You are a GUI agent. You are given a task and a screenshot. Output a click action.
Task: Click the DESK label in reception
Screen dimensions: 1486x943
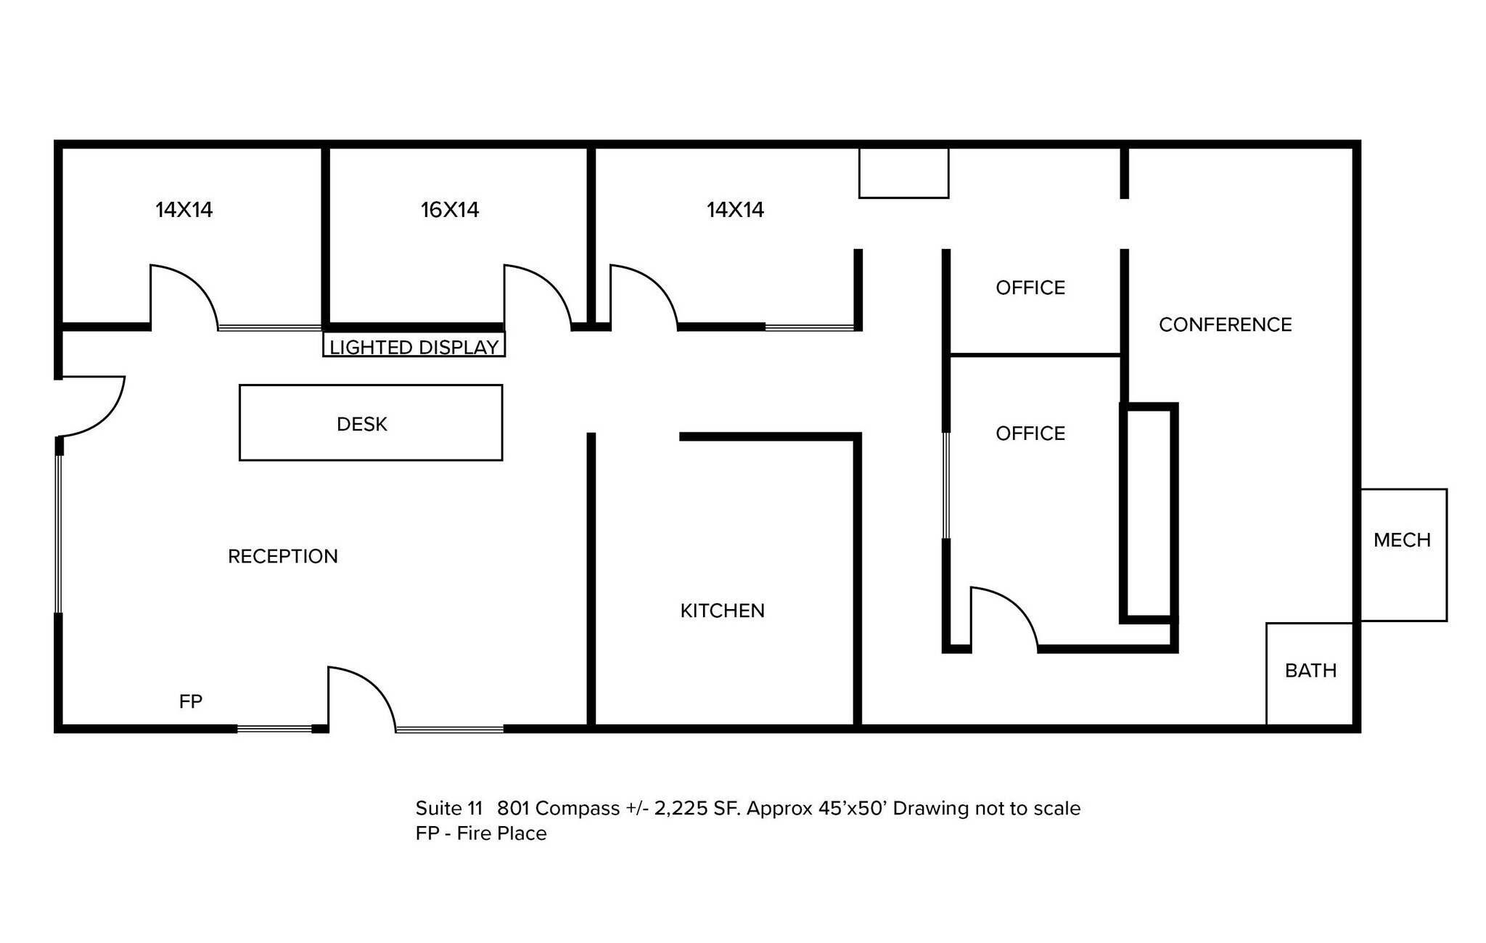coord(362,424)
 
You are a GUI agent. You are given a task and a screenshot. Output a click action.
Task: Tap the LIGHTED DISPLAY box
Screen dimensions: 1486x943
coord(414,344)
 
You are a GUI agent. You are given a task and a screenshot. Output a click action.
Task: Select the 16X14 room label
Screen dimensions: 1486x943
coord(450,210)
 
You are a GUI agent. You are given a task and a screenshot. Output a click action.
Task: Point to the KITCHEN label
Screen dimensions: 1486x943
coord(723,611)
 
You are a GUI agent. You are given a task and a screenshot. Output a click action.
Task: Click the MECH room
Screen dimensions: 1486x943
coord(1403,555)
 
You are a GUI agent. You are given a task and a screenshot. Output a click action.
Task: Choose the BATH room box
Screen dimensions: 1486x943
coord(1310,674)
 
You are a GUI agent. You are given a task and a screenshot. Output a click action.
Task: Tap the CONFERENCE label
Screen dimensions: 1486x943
coord(1226,324)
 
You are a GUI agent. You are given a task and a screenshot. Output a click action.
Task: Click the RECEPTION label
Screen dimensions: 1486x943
coord(283,556)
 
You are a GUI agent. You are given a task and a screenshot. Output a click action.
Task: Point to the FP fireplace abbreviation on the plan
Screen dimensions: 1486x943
coord(191,701)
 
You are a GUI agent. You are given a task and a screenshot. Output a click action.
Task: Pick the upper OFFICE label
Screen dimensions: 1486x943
coord(1030,287)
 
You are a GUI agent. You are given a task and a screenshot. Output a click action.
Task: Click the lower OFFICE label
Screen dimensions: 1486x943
coord(1030,433)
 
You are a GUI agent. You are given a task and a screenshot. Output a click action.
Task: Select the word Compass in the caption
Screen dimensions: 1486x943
coord(578,809)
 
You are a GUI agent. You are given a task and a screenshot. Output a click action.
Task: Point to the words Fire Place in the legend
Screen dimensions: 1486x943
coord(502,833)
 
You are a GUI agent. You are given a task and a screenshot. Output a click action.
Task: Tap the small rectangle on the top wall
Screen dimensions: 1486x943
coord(904,172)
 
